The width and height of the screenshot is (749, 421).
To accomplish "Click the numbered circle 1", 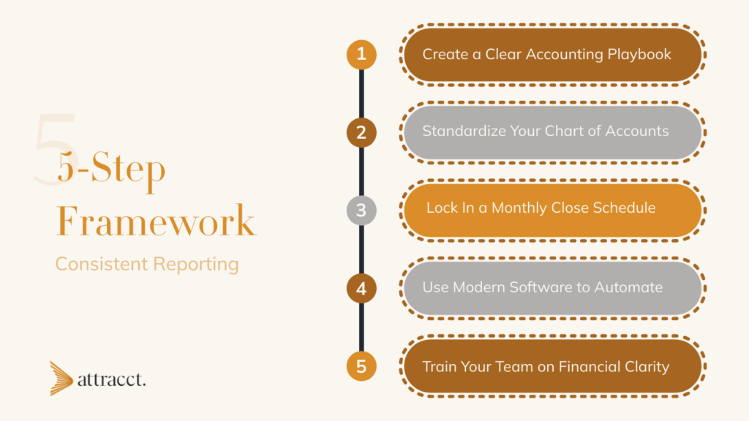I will pos(361,55).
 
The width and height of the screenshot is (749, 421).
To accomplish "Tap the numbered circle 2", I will pos(361,133).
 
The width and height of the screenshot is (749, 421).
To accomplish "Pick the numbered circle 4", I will pos(361,289).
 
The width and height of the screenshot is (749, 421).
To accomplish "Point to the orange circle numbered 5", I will pos(361,366).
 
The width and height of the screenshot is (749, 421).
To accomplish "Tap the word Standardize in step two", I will pos(464,132).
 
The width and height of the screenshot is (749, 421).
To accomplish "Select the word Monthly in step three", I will pos(517,208).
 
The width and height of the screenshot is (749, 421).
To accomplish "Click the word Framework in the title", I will pos(156,221).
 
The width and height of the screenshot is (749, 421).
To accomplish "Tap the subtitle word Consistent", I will pos(100,264).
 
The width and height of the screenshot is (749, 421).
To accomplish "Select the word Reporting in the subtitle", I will pos(194,265).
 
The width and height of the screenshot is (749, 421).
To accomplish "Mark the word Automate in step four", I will pos(628,287).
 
